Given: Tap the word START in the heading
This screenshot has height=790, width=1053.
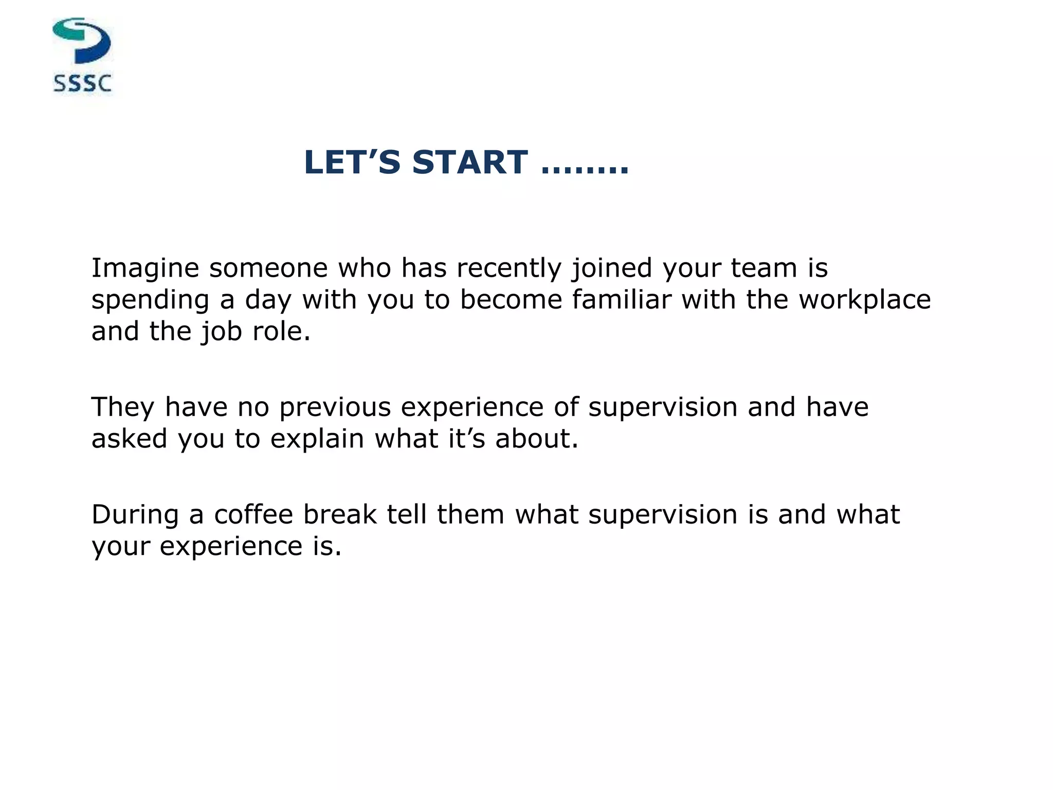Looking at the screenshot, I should (469, 163).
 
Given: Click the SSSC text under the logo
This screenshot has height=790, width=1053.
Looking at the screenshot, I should (82, 83).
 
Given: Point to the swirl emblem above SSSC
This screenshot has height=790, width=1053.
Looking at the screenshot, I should (82, 41).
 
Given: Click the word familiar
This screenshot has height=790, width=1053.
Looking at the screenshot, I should (621, 299).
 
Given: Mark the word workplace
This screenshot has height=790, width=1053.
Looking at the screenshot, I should (864, 300).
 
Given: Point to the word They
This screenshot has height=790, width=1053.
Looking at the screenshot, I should (122, 407).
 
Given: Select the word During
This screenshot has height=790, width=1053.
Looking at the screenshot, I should (135, 514).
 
